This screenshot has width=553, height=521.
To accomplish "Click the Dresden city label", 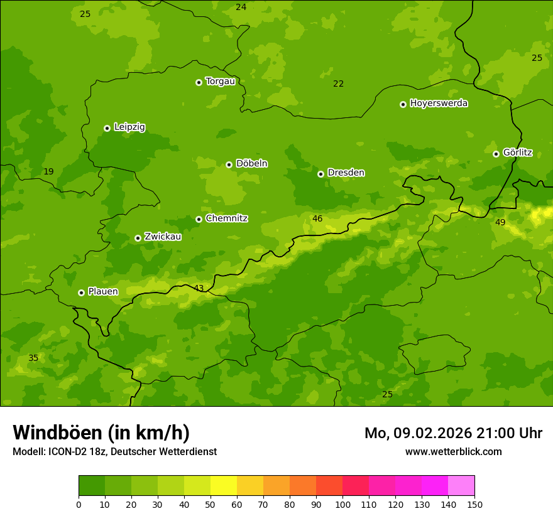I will [x=346, y=173].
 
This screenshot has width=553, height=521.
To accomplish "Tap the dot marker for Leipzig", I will [x=107, y=128].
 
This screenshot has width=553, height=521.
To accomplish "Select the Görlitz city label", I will [x=517, y=153].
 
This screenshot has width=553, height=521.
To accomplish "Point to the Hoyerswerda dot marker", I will [x=403, y=104].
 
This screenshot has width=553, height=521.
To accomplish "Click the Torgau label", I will [x=220, y=81].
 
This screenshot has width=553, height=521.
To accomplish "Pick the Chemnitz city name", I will [x=226, y=218].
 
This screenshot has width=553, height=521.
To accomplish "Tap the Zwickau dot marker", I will [x=138, y=238].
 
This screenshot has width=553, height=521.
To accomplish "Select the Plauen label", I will [x=102, y=291].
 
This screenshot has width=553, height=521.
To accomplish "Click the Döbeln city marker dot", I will [x=229, y=164].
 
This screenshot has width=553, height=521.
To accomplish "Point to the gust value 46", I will [x=317, y=218].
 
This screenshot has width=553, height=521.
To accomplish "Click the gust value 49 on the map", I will [x=500, y=222].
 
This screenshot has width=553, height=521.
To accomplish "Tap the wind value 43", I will [x=199, y=288].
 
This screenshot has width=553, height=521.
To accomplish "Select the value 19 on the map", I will [x=48, y=171].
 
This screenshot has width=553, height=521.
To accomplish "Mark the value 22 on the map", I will [x=339, y=83].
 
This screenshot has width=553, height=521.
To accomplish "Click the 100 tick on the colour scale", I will [x=342, y=504].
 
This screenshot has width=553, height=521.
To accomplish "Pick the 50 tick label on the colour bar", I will [x=211, y=504].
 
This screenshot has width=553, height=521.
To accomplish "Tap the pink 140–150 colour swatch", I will [x=461, y=486].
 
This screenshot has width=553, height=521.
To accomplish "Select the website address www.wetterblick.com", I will [x=453, y=451].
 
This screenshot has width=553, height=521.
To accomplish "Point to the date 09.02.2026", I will [x=433, y=433].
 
